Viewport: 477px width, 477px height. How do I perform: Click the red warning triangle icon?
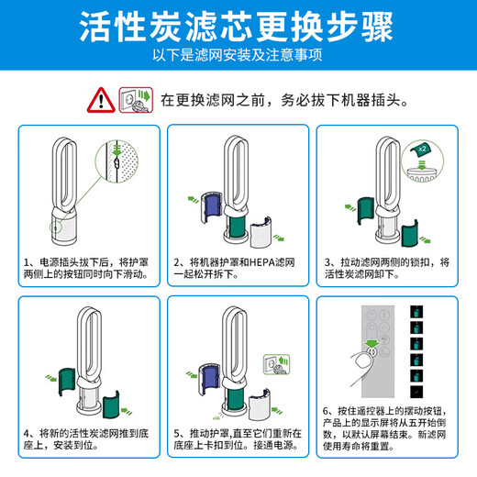[x=98, y=98]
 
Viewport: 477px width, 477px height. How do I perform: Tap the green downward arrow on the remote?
[x=372, y=344]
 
